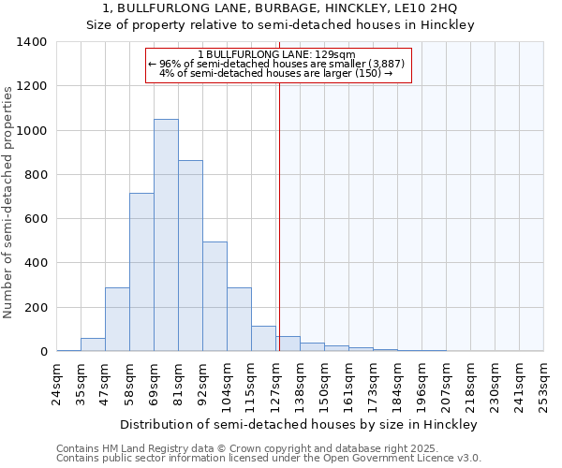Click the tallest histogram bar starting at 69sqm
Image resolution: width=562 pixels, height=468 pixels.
(x=166, y=235)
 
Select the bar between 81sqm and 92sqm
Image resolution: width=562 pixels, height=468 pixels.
(x=190, y=256)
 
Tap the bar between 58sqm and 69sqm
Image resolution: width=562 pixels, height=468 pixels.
(x=141, y=272)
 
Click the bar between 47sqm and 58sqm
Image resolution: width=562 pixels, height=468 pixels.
(x=117, y=319)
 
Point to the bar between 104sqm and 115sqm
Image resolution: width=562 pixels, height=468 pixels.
(x=239, y=319)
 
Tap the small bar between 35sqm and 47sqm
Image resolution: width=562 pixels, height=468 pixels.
(x=93, y=344)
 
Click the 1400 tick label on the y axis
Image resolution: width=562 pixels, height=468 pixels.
(x=32, y=42)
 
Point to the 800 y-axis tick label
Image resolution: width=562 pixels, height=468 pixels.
(x=36, y=175)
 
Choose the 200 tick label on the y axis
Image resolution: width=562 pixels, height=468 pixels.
(x=36, y=308)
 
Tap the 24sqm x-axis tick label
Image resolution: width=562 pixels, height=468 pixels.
(x=56, y=381)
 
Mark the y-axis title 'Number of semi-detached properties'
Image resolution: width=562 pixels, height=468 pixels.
(x=9, y=201)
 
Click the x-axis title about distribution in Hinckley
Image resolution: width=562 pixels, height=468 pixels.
(x=299, y=425)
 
